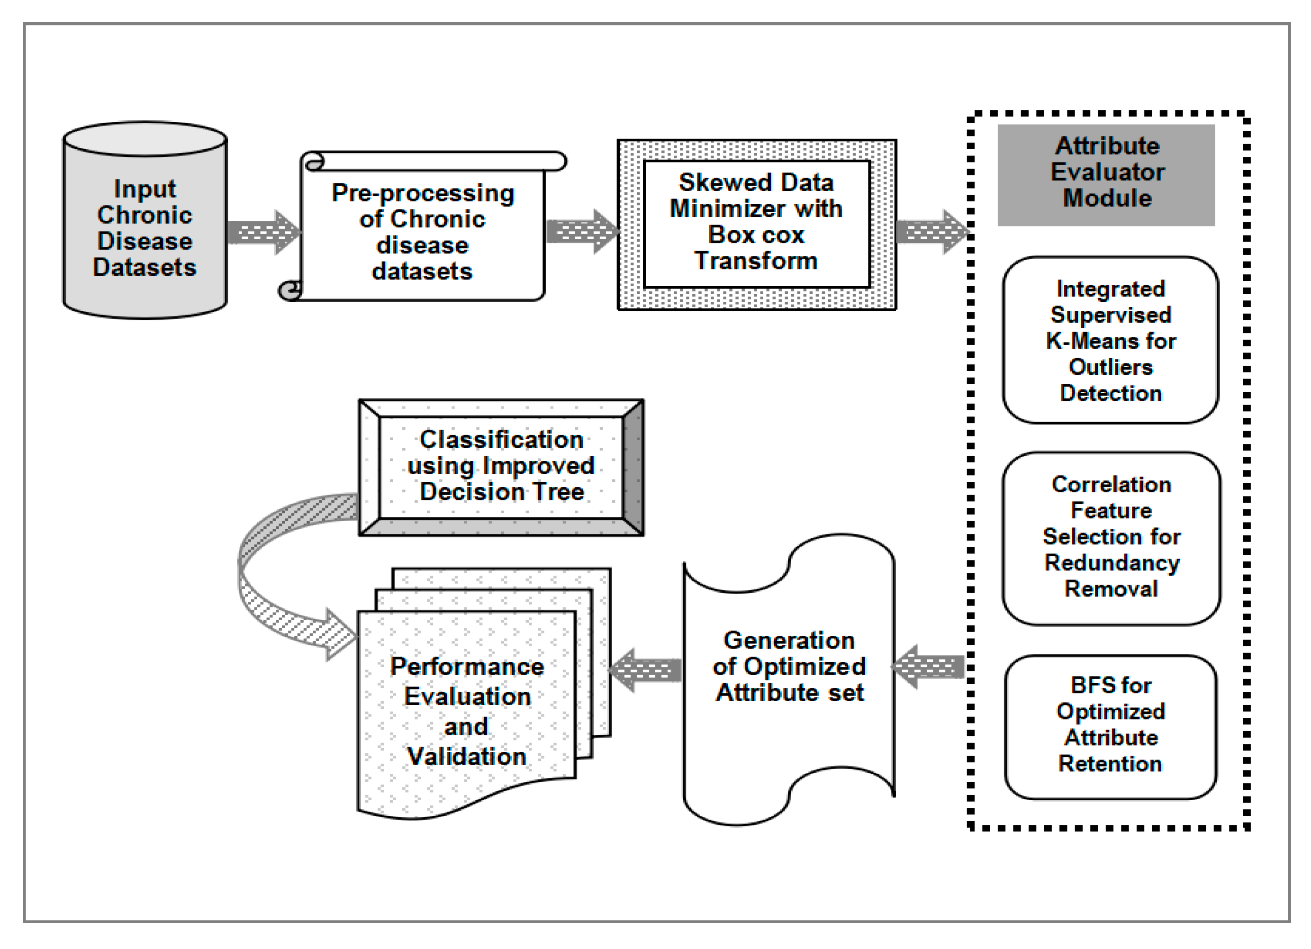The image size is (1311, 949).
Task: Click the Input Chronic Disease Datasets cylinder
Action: (x=145, y=228)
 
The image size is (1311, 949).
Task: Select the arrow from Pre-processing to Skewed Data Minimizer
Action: (x=581, y=232)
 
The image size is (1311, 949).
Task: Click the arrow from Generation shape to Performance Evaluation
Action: (x=646, y=670)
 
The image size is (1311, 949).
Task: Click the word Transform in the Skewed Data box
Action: (x=756, y=261)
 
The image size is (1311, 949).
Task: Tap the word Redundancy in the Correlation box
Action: (x=1112, y=563)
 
